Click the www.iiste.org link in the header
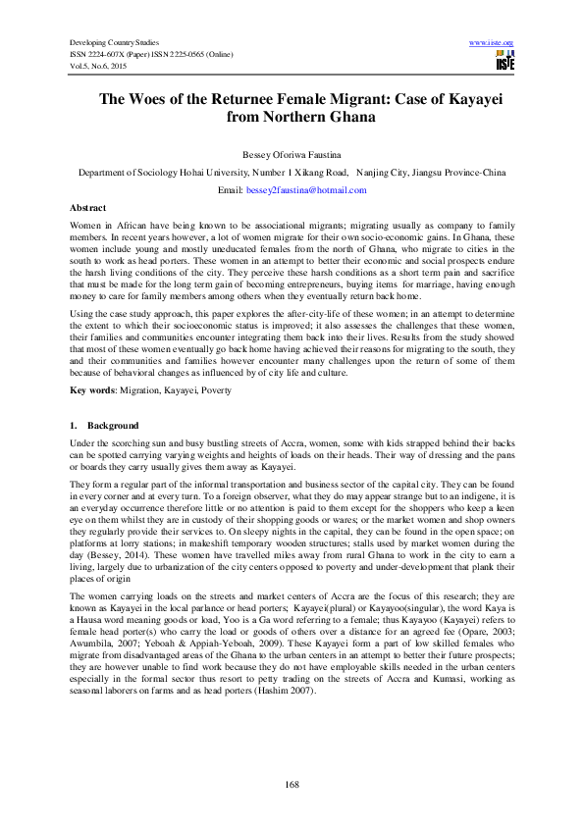point(492,43)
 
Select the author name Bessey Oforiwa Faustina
point(292,155)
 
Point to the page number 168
point(292,782)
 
